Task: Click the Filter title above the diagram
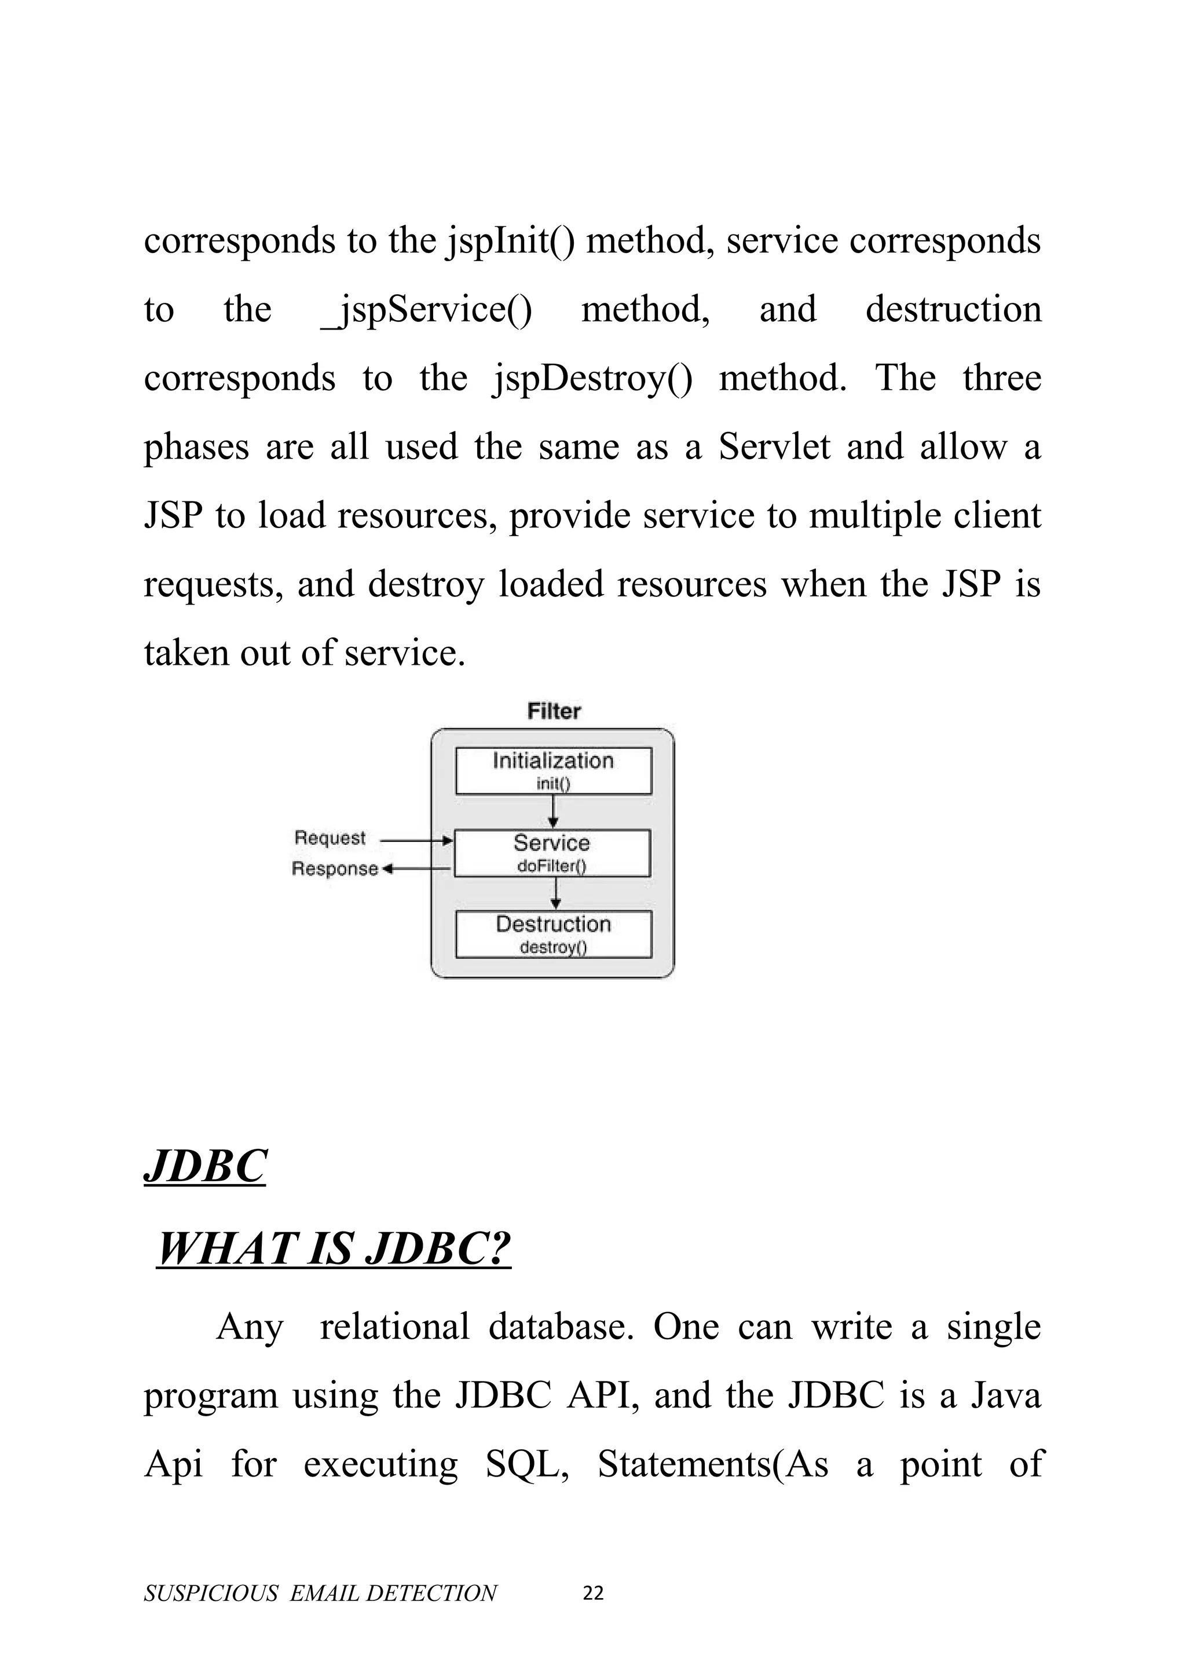point(554,711)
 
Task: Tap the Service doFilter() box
point(552,852)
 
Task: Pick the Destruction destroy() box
point(553,933)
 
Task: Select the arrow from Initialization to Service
point(553,811)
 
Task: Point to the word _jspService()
point(427,309)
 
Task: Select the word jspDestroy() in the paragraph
point(592,378)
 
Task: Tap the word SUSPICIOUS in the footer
point(211,1593)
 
